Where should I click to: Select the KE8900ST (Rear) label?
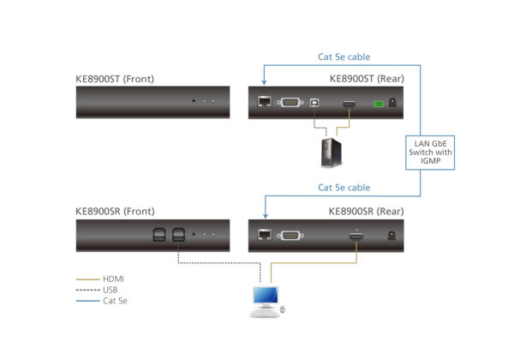367,80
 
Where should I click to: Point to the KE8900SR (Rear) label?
367,211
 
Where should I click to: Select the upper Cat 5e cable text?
344,57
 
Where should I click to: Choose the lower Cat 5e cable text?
344,188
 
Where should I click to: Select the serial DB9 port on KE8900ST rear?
289,104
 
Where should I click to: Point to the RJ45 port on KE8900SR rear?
264,234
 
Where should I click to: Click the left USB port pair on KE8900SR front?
158,233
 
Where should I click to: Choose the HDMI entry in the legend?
112,279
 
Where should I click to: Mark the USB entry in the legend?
111,290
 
